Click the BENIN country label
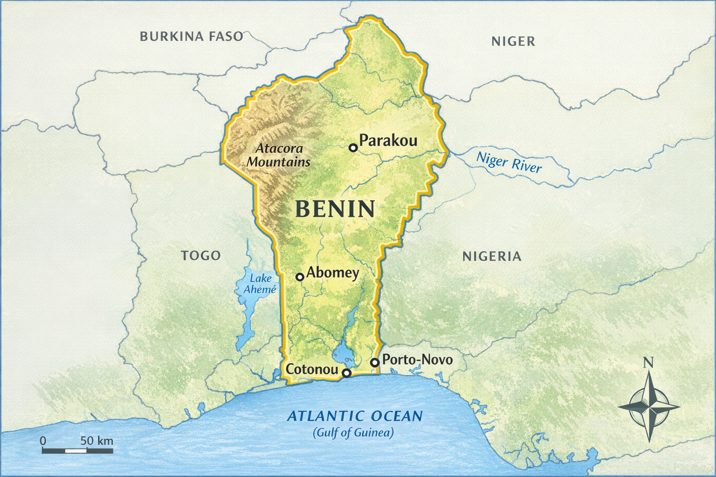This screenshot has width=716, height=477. (335, 209)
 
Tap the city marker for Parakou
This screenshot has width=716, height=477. (353, 148)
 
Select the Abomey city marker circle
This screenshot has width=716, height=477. (300, 277)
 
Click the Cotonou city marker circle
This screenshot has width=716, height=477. (346, 373)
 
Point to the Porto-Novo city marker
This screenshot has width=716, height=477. (374, 362)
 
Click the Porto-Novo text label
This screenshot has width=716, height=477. (417, 360)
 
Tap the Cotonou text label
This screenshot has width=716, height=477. (311, 369)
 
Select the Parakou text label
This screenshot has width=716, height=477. (388, 140)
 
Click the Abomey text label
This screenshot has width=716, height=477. (332, 273)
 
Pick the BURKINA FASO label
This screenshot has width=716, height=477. (192, 36)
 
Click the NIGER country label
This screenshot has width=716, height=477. (513, 41)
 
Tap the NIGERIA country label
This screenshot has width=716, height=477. (492, 256)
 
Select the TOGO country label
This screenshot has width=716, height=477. (201, 255)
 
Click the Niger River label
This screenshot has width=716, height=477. (509, 162)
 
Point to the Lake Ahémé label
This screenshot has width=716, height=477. (260, 284)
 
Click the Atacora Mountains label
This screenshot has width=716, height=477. (279, 155)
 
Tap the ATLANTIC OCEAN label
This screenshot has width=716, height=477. (355, 416)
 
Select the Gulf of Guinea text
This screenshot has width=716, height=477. (354, 433)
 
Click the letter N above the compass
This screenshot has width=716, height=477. (648, 362)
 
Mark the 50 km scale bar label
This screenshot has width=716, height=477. (96, 441)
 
